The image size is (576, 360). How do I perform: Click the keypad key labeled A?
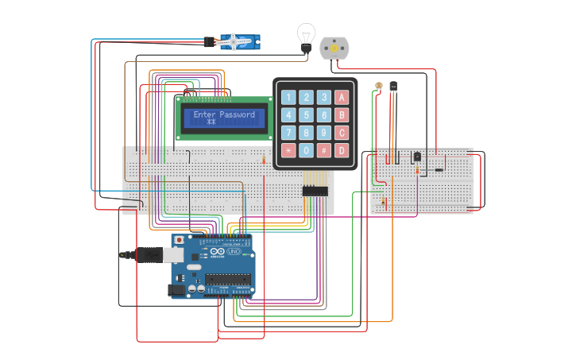(x=342, y=98)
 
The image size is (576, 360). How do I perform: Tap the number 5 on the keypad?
(x=307, y=115)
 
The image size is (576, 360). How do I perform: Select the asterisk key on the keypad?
(x=288, y=149)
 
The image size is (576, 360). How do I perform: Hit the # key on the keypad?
(x=324, y=149)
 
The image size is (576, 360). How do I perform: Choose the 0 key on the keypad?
(x=307, y=149)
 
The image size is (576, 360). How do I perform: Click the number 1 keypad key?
(x=288, y=98)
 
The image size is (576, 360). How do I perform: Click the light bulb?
(x=306, y=37)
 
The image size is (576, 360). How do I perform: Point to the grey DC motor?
(x=334, y=48)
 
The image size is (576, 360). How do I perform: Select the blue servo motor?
(x=238, y=42)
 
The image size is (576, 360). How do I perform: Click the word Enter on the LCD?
(x=204, y=114)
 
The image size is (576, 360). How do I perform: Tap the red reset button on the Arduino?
(x=180, y=239)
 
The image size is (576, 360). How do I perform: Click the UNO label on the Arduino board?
(x=234, y=252)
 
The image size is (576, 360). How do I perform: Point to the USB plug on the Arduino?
(x=148, y=254)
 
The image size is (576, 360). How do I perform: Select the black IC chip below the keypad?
(x=315, y=191)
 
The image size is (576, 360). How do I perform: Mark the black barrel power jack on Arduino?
(x=176, y=290)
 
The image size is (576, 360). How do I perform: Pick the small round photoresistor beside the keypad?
(x=379, y=85)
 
